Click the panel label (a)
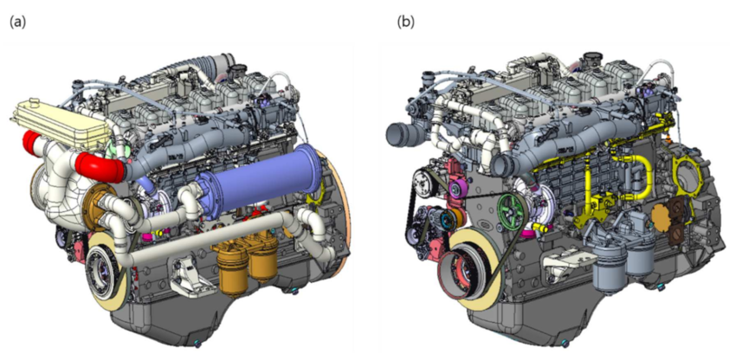pos(18,22)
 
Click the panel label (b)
pos(406,22)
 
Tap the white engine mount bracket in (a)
pos(188,279)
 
